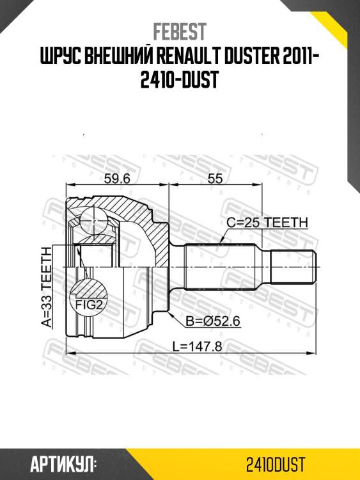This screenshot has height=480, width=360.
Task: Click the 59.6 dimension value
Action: point(117,180)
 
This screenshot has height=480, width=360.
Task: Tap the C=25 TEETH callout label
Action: point(267,223)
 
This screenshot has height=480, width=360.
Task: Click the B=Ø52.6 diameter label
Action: point(213,321)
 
